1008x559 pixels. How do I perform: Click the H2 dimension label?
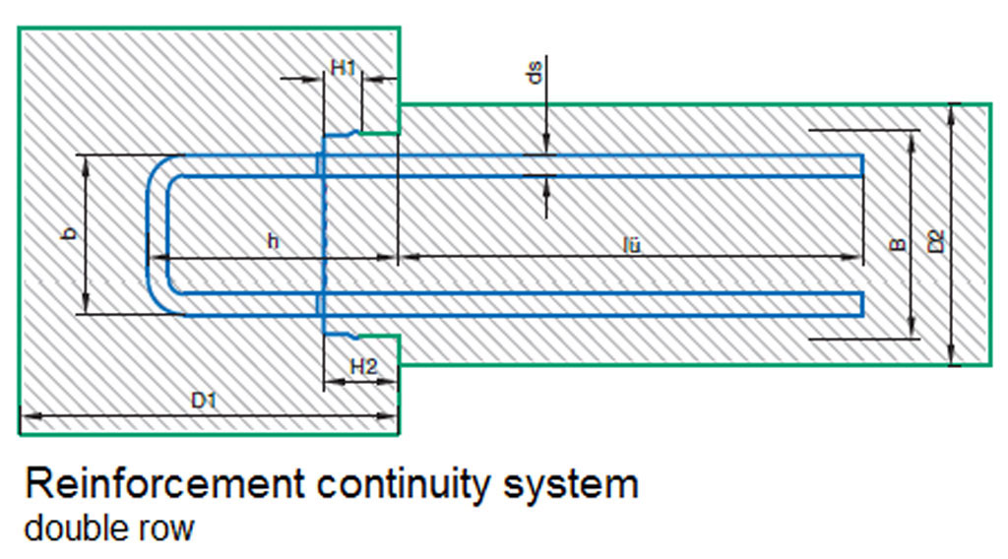(x=363, y=366)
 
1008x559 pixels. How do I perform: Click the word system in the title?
(x=580, y=486)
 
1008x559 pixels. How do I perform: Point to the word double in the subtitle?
(x=73, y=528)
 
